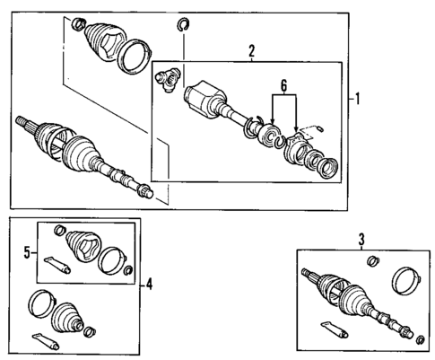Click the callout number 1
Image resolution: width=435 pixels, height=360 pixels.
coord(357,99)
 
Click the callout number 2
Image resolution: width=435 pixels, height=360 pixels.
coord(252,51)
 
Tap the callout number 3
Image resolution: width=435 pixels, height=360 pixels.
coord(361,240)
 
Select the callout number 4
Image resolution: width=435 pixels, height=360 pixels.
coord(149,284)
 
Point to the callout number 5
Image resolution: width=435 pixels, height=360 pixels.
coord(27,253)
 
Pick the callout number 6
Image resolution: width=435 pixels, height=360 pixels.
coord(283,86)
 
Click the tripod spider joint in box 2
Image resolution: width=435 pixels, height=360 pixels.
coord(168,79)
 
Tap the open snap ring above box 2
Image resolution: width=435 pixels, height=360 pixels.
coord(183,24)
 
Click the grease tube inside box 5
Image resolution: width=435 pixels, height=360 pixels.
coord(57,265)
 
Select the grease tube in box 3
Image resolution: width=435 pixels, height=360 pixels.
coord(335,329)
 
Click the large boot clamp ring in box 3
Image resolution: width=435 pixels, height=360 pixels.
coord(406,281)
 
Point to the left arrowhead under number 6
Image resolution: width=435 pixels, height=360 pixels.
coord(273,120)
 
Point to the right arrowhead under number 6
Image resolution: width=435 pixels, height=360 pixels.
coord(296,129)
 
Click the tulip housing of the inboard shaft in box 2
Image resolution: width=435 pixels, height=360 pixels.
coord(205,100)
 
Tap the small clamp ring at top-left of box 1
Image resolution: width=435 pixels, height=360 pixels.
coord(79,24)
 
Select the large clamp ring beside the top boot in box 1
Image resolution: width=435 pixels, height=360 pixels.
coord(135,56)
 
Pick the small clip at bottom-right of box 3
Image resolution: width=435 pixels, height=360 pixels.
coord(421,339)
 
